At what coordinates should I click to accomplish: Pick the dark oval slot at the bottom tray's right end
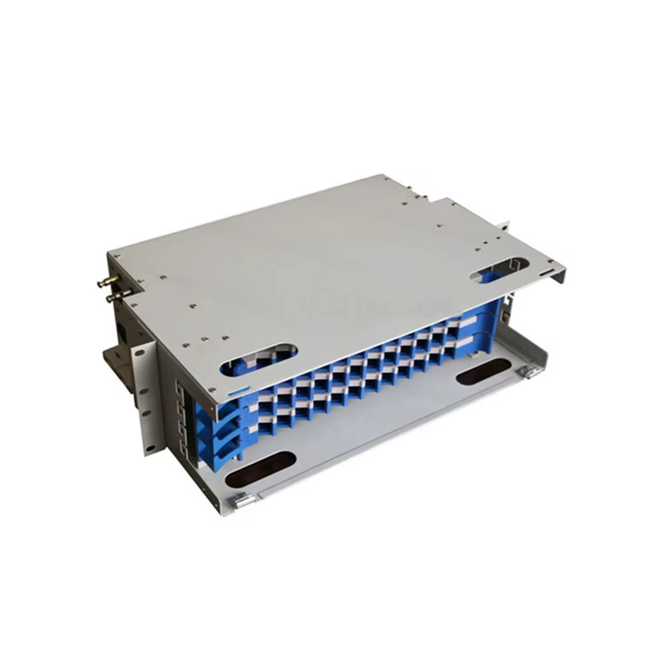click(x=483, y=372)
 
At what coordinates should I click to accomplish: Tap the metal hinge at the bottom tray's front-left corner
click(x=244, y=500)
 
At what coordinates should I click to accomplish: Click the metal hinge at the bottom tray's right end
click(x=530, y=372)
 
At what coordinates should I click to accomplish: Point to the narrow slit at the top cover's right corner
click(x=545, y=272)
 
